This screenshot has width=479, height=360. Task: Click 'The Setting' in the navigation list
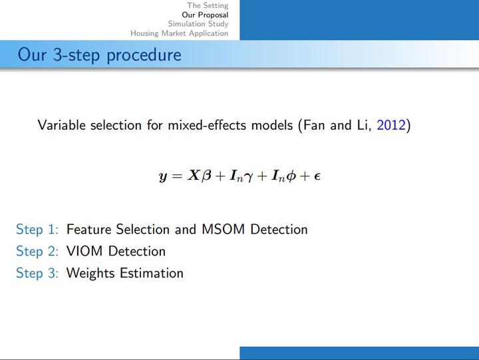208,5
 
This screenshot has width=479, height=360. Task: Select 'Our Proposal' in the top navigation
205,15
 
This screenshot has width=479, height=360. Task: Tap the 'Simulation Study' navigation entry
198,24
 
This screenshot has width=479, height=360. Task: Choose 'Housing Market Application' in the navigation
180,33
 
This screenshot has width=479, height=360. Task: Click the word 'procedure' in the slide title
144,55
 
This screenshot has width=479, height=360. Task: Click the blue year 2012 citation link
391,125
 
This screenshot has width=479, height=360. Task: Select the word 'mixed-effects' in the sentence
207,125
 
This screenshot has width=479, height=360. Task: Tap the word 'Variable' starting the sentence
61,125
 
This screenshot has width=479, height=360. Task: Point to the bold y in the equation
163,176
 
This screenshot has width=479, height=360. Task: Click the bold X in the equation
194,176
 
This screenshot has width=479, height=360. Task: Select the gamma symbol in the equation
249,177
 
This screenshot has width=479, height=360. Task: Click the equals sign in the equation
177,176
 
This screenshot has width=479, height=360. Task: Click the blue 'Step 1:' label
37,230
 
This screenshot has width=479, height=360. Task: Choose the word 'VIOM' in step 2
84,252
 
